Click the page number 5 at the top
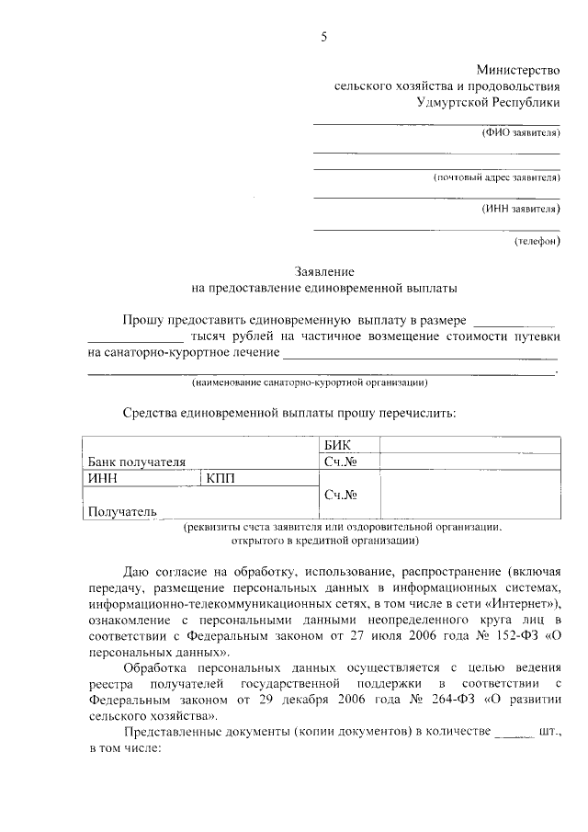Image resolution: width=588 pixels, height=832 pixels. tap(323, 37)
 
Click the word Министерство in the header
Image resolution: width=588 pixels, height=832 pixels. tap(517, 70)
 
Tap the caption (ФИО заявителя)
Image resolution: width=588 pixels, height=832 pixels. tap(521, 132)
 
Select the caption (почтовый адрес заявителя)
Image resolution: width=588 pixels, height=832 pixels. tap(496, 177)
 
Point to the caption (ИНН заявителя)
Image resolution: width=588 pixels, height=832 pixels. tap(520, 209)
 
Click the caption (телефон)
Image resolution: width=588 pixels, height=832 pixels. tap(537, 242)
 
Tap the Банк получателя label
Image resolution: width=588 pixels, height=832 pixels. tap(137, 462)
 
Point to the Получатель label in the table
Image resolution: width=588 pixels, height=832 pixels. tap(121, 511)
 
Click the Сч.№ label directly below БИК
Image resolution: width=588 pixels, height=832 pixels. tap(340, 462)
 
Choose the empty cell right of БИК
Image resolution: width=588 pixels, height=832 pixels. tap(469, 445)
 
